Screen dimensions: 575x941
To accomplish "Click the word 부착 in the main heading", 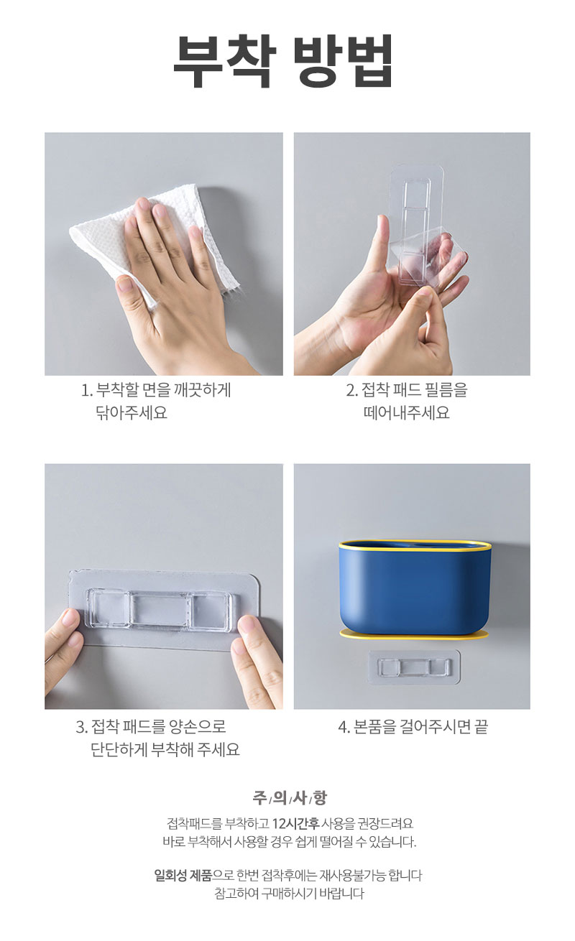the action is (224, 61).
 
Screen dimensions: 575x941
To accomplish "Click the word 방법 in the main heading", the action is (343, 61).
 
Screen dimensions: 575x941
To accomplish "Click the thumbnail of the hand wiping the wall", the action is (164, 254).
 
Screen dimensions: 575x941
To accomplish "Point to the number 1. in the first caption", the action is (86, 391).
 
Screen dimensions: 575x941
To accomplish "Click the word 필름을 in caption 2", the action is (446, 390).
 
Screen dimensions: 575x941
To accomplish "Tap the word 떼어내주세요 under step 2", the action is (406, 412).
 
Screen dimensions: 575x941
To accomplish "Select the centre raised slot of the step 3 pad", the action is (160, 609).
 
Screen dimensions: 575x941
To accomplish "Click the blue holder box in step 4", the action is (415, 588).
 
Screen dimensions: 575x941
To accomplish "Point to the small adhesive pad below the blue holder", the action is (414, 667).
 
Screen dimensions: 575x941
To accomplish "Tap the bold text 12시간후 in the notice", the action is (295, 823).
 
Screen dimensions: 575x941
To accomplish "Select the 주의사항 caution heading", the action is (289, 797).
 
